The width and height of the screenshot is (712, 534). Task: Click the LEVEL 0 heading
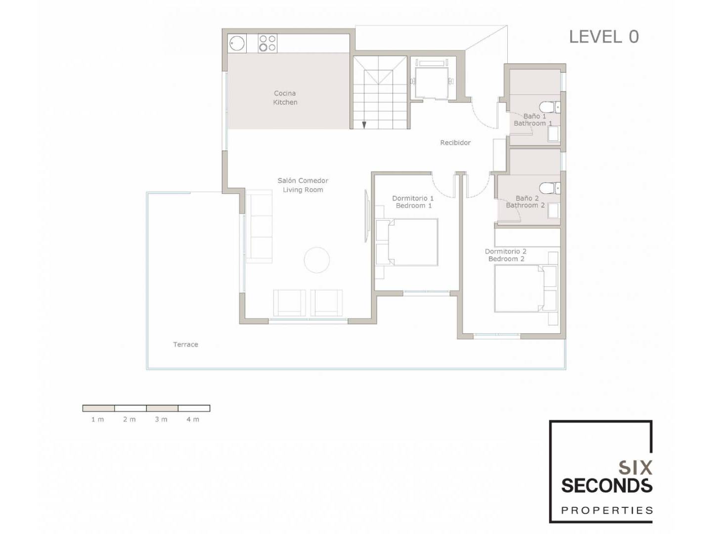(x=604, y=37)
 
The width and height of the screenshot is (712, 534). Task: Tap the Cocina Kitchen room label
(x=285, y=97)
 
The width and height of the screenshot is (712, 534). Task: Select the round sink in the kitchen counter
(x=237, y=44)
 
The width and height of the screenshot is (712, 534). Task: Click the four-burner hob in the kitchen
(x=267, y=44)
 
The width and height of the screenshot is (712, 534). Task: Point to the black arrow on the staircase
(x=364, y=125)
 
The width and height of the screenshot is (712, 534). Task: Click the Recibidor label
(x=455, y=142)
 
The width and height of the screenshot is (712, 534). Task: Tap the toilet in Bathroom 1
(x=550, y=107)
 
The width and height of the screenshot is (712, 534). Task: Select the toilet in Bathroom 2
(x=550, y=188)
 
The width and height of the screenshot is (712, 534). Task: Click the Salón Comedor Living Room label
(x=303, y=185)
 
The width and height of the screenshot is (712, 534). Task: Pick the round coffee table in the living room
(x=317, y=260)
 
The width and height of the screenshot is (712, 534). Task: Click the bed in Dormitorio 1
(x=412, y=242)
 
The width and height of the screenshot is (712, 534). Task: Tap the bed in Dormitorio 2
(x=519, y=288)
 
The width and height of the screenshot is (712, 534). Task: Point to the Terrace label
(x=185, y=344)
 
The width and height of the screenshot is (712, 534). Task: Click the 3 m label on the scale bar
(x=161, y=419)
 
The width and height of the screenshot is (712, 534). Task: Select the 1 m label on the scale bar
(x=97, y=419)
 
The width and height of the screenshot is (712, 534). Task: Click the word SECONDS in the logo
(x=607, y=486)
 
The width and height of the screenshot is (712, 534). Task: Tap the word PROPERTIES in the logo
(x=607, y=511)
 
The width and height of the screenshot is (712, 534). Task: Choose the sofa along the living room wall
(x=259, y=226)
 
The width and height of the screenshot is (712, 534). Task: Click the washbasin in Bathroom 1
(x=553, y=134)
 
